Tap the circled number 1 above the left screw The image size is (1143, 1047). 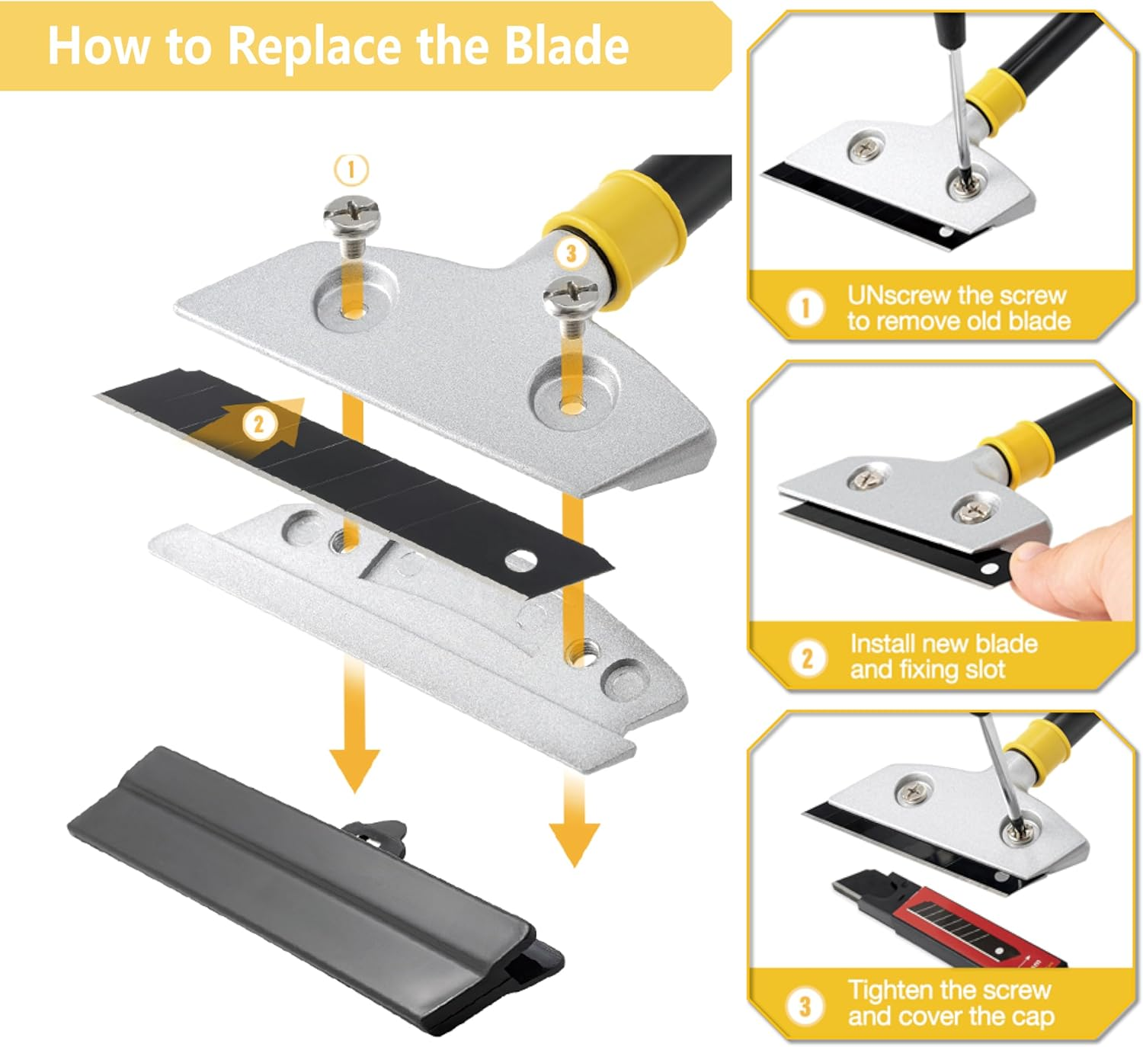pyautogui.click(x=351, y=169)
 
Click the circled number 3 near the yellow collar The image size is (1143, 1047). pyautogui.click(x=571, y=253)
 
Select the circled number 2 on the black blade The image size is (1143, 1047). pyautogui.click(x=259, y=424)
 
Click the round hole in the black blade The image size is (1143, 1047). pyautogui.click(x=520, y=562)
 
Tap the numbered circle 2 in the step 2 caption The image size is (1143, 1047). pyautogui.click(x=806, y=657)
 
